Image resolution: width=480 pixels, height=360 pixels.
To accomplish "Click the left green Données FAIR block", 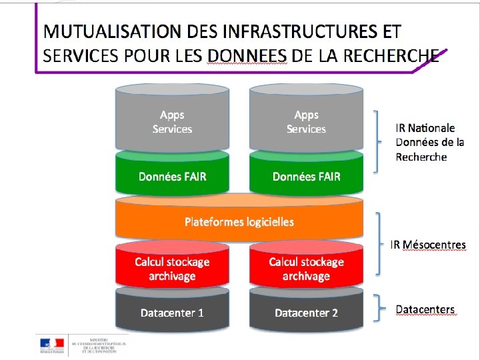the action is [172, 176].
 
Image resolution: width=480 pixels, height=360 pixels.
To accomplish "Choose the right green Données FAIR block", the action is [306, 176].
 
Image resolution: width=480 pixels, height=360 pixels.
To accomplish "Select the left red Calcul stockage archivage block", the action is [172, 269].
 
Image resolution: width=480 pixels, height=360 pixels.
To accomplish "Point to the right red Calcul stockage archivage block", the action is [306, 269].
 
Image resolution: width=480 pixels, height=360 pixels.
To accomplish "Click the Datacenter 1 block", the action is [172, 313].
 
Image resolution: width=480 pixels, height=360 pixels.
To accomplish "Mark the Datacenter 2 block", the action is [306, 313].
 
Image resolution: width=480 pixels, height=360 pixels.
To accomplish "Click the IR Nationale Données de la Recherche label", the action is [425, 142].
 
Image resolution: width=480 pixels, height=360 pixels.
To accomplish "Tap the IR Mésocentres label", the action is [428, 245].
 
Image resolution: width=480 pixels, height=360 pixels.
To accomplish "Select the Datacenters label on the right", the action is [425, 309].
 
